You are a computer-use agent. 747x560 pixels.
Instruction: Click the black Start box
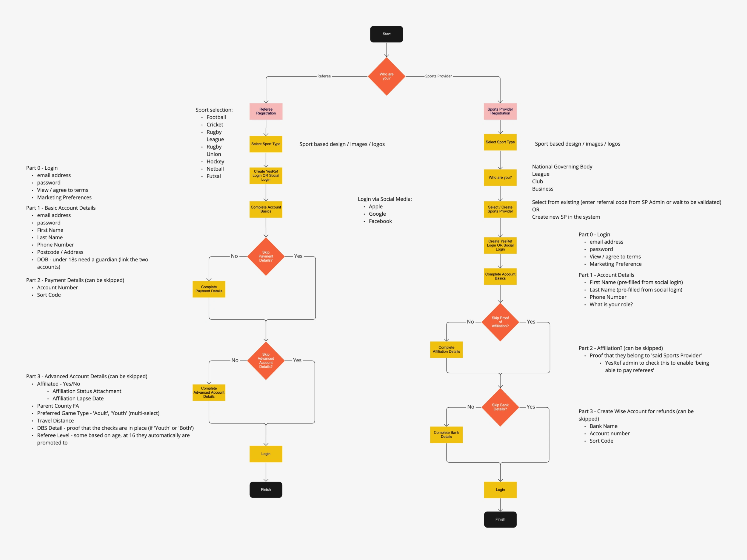coord(386,34)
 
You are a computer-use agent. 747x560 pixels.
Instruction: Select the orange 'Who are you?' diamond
coord(386,76)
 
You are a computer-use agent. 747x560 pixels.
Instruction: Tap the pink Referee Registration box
coord(266,111)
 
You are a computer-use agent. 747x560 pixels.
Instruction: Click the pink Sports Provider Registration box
coord(500,111)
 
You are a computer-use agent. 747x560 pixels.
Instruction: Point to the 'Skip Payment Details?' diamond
coord(266,256)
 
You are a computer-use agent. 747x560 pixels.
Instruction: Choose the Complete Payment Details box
coord(209,289)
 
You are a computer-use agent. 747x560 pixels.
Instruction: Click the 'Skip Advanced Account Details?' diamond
coord(266,360)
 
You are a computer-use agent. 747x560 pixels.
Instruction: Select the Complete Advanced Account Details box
coord(209,392)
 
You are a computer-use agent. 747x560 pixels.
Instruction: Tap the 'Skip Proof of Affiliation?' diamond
coord(500,322)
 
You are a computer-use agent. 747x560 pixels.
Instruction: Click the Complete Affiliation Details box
coord(446,349)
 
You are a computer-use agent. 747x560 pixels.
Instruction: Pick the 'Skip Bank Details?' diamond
coord(500,407)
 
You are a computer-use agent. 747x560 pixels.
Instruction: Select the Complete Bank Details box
coord(446,434)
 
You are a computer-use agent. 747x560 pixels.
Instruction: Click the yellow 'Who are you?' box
coord(500,178)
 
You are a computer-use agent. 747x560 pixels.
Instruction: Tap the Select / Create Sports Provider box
coord(500,209)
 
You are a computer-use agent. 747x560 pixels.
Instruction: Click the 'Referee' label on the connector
coord(324,76)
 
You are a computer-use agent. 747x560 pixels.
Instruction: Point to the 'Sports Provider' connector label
coord(438,76)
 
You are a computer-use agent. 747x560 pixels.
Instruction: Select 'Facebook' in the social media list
coord(380,221)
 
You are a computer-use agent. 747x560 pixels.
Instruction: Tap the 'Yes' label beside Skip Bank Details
coord(531,407)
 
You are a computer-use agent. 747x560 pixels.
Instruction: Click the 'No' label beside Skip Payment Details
coord(234,256)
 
